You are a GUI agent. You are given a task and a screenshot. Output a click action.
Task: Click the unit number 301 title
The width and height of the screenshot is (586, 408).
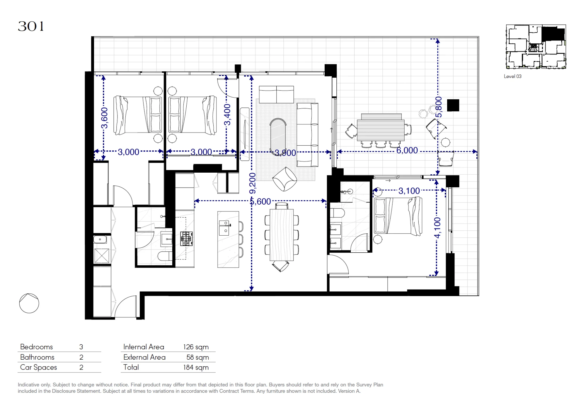[x=31, y=26]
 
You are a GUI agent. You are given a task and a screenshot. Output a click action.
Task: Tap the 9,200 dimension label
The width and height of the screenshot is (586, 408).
[x=252, y=183]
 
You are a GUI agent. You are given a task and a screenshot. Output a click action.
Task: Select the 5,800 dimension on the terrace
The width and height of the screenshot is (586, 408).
[x=438, y=107]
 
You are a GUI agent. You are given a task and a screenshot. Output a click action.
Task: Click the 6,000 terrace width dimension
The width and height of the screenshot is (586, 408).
[x=407, y=150]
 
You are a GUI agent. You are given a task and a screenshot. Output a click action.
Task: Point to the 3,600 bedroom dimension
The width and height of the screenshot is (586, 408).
[x=104, y=118]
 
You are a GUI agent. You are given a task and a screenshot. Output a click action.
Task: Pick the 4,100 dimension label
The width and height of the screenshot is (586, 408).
[x=437, y=228]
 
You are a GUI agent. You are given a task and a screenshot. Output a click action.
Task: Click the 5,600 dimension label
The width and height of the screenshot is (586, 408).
[x=260, y=202]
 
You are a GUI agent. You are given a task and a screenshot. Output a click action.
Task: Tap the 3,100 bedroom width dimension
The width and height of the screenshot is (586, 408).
[x=409, y=191]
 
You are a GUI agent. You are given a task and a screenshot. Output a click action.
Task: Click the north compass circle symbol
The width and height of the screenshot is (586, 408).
[x=29, y=303]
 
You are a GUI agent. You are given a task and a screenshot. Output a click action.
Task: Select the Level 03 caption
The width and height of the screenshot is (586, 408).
[x=512, y=76]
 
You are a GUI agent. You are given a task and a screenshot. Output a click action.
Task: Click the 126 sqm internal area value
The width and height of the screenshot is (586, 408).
[x=196, y=347]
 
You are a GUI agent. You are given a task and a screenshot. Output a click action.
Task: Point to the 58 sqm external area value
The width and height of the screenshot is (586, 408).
[x=198, y=357]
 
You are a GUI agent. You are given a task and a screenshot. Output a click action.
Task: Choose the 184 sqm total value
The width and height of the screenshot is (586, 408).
[x=196, y=367]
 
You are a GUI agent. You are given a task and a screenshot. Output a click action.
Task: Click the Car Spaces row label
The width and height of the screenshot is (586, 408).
[x=39, y=367]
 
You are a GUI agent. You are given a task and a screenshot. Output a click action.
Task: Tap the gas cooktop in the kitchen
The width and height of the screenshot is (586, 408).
[x=186, y=239]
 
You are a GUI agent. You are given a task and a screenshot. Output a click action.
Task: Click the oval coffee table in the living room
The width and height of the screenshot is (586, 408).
[x=278, y=135]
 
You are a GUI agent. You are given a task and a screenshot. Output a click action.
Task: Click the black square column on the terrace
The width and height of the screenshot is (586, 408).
[x=453, y=105]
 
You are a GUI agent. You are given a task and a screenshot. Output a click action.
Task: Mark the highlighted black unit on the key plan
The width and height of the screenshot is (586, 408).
[x=553, y=34]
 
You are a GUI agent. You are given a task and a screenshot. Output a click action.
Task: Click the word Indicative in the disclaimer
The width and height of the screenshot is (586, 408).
[x=29, y=385]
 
